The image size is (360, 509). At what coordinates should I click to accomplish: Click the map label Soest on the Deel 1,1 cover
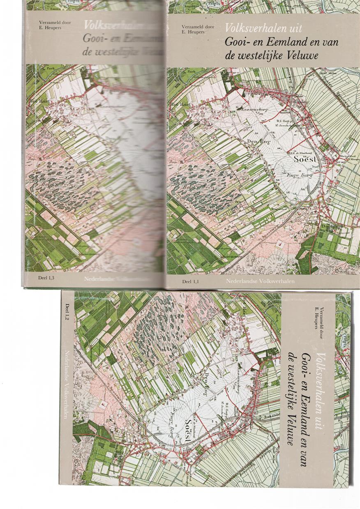pyautogui.click(x=304, y=159)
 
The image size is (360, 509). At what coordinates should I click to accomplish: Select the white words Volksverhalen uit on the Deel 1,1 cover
pyautogui.click(x=263, y=28)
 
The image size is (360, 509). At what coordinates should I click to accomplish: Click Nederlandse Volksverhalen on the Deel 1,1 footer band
pyautogui.click(x=263, y=281)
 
